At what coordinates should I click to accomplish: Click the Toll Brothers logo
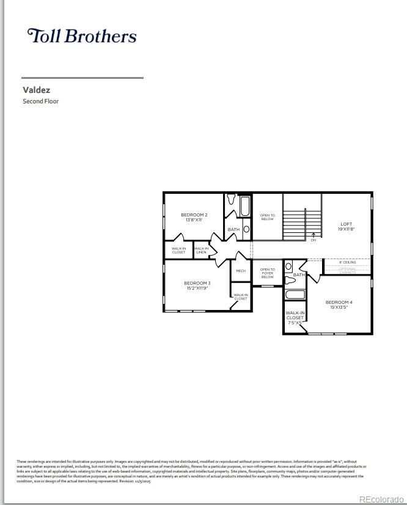coord(81,35)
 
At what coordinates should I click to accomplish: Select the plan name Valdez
coord(36,90)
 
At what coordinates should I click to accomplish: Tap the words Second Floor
coord(40,101)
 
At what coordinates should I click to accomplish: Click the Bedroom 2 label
coord(194,217)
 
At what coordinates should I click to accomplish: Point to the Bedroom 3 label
coord(197,285)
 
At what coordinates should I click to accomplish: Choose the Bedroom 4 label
coord(339,304)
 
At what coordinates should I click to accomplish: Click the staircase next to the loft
coord(302,218)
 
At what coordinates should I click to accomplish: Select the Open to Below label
coord(268,217)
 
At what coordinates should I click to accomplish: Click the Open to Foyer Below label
coord(268,273)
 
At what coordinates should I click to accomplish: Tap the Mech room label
coord(241,271)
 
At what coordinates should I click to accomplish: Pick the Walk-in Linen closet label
coord(201,250)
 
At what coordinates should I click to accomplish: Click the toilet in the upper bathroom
coord(231,200)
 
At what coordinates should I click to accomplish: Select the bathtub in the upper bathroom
coord(245,206)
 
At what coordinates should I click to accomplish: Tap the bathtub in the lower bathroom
coord(295,295)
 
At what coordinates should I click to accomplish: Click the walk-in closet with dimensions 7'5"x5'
coord(295,318)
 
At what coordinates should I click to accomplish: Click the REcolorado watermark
coord(381,499)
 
